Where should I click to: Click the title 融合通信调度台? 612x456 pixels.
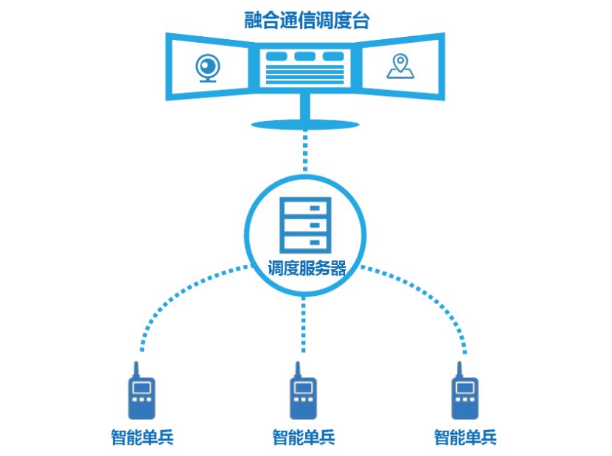point(307,20)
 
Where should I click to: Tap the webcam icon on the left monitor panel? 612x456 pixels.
point(208,68)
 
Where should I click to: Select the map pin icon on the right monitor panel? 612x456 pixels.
point(400,66)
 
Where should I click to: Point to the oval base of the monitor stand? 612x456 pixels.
point(305,124)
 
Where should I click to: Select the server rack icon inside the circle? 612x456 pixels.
point(305,224)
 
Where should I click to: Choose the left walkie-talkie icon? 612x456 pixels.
point(142,398)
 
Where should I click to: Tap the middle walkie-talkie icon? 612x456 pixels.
point(302,398)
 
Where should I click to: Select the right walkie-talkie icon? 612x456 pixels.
point(465,398)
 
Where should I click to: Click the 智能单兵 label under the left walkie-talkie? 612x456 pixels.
point(142,437)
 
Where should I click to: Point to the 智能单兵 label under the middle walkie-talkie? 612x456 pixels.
point(303,437)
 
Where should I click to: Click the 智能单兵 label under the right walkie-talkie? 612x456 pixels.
point(465,437)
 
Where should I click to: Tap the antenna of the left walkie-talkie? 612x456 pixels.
point(136,370)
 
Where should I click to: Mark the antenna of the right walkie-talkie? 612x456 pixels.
point(459,370)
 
